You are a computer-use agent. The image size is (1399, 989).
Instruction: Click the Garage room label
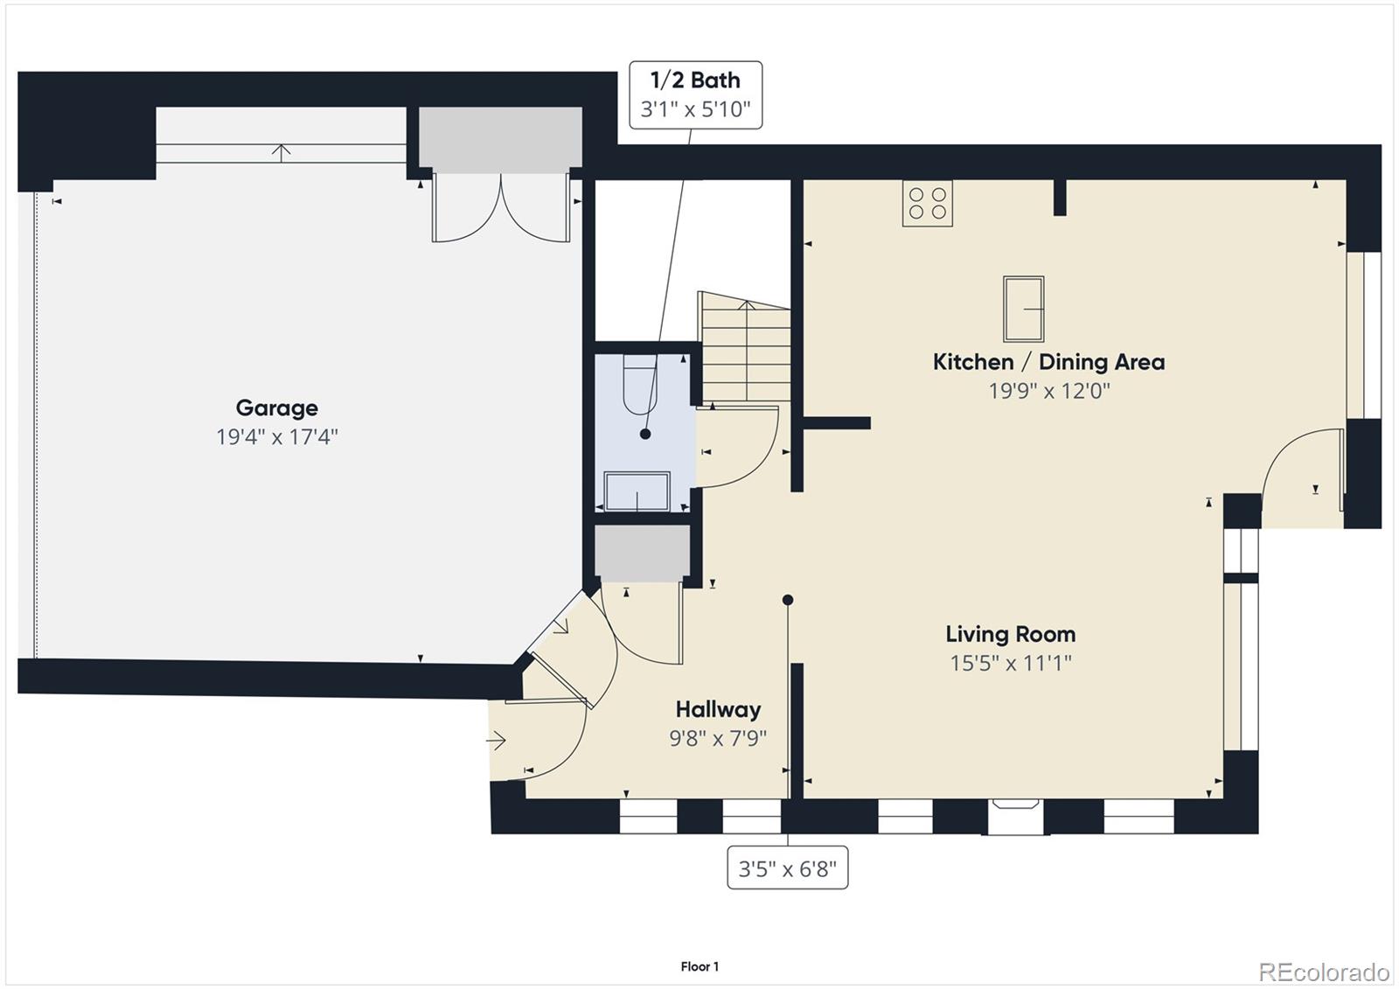coord(276,407)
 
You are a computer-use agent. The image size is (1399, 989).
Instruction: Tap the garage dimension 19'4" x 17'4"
coord(276,436)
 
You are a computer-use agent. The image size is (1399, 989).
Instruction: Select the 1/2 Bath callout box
coord(695,94)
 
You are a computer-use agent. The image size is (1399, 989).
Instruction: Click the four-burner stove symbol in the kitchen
coord(928,204)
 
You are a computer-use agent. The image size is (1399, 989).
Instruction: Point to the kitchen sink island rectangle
coord(1023,309)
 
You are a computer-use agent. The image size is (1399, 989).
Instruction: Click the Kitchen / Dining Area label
coord(1048,361)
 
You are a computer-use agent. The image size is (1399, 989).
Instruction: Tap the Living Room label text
coord(1010,634)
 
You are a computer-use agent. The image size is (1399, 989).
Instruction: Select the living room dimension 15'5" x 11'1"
coord(1010,663)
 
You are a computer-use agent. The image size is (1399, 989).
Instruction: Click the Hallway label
coord(718,709)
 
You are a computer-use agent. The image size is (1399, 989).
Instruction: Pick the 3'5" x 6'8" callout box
coord(787,869)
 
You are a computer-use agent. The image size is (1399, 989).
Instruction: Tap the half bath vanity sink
coord(637,491)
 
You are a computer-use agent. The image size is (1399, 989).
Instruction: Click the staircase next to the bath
coord(746,350)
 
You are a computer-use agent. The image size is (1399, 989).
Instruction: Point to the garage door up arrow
coord(281,151)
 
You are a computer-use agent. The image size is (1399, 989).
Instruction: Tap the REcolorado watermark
coord(1323,972)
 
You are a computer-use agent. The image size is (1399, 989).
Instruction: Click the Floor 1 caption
coord(699,966)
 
